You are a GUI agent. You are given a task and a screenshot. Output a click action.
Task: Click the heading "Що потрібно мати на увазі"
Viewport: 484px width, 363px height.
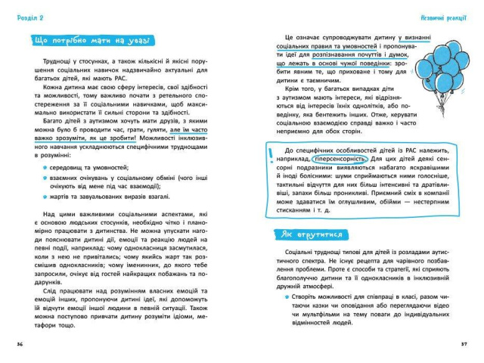click(92, 39)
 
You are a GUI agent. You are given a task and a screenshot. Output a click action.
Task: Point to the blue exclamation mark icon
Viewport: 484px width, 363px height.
click(271, 157)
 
